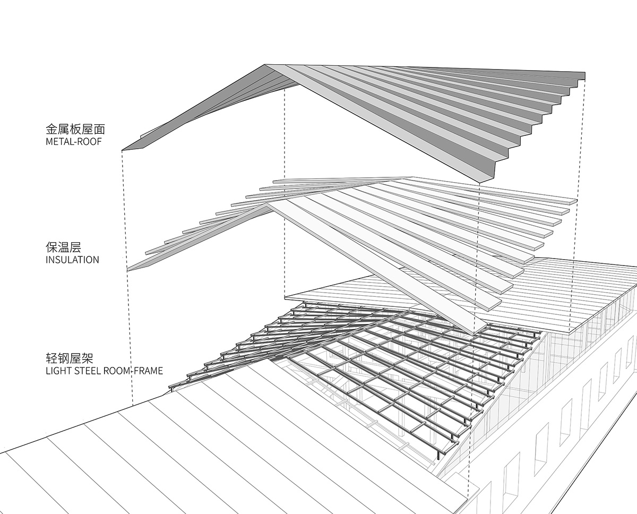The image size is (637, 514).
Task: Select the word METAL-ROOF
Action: (x=74, y=142)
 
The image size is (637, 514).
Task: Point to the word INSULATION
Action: (x=72, y=260)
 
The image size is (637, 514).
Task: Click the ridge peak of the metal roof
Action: (x=265, y=65)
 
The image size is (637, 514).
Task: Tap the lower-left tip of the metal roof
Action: (x=123, y=150)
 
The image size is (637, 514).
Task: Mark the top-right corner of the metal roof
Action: (x=584, y=74)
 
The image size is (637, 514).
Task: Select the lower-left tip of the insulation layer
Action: (x=128, y=271)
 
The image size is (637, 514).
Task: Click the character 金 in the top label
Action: (x=51, y=129)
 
